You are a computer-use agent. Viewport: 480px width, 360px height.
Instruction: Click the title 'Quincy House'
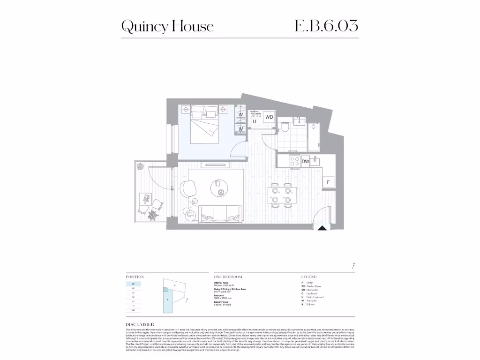tap(167, 26)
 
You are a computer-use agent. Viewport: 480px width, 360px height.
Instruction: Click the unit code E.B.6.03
tap(326, 25)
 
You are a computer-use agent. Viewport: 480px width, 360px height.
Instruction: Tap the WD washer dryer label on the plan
tap(269, 117)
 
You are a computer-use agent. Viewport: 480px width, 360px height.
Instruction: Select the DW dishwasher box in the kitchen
tap(305, 161)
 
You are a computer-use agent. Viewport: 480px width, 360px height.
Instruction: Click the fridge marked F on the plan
tap(328, 182)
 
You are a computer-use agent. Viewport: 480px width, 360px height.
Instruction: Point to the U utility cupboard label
tap(255, 121)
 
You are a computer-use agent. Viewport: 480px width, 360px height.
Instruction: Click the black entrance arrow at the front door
tap(322, 228)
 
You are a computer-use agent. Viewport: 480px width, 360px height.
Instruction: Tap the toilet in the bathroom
tap(285, 128)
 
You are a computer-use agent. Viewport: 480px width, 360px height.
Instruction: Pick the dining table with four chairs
tap(282, 195)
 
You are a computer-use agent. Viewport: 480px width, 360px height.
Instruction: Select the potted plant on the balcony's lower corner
tap(152, 215)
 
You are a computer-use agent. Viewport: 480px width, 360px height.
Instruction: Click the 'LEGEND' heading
tap(309, 277)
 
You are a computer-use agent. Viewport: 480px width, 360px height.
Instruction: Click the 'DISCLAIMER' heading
tap(140, 324)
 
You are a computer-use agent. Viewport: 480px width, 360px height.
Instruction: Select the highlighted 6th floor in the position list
tap(134, 284)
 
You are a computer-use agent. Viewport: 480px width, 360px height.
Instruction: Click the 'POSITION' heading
tap(135, 277)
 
